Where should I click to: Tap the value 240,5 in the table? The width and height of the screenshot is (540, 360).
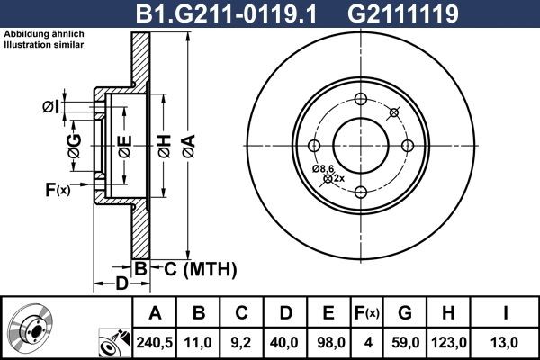[x=156, y=342]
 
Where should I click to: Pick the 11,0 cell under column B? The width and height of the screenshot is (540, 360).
[x=200, y=342]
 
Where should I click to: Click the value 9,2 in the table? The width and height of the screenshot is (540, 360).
[x=242, y=342]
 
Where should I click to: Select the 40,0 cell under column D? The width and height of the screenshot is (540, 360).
[x=285, y=342]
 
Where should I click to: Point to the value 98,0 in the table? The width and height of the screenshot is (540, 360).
[x=328, y=342]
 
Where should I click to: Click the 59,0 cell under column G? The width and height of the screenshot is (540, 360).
[x=405, y=342]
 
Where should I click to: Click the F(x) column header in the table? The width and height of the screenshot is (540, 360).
[x=367, y=313]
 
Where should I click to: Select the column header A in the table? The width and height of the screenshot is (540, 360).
[x=156, y=313]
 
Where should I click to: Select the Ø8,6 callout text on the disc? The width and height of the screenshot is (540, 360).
[x=323, y=168]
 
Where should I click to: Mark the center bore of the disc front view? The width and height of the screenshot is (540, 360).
[x=360, y=145]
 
